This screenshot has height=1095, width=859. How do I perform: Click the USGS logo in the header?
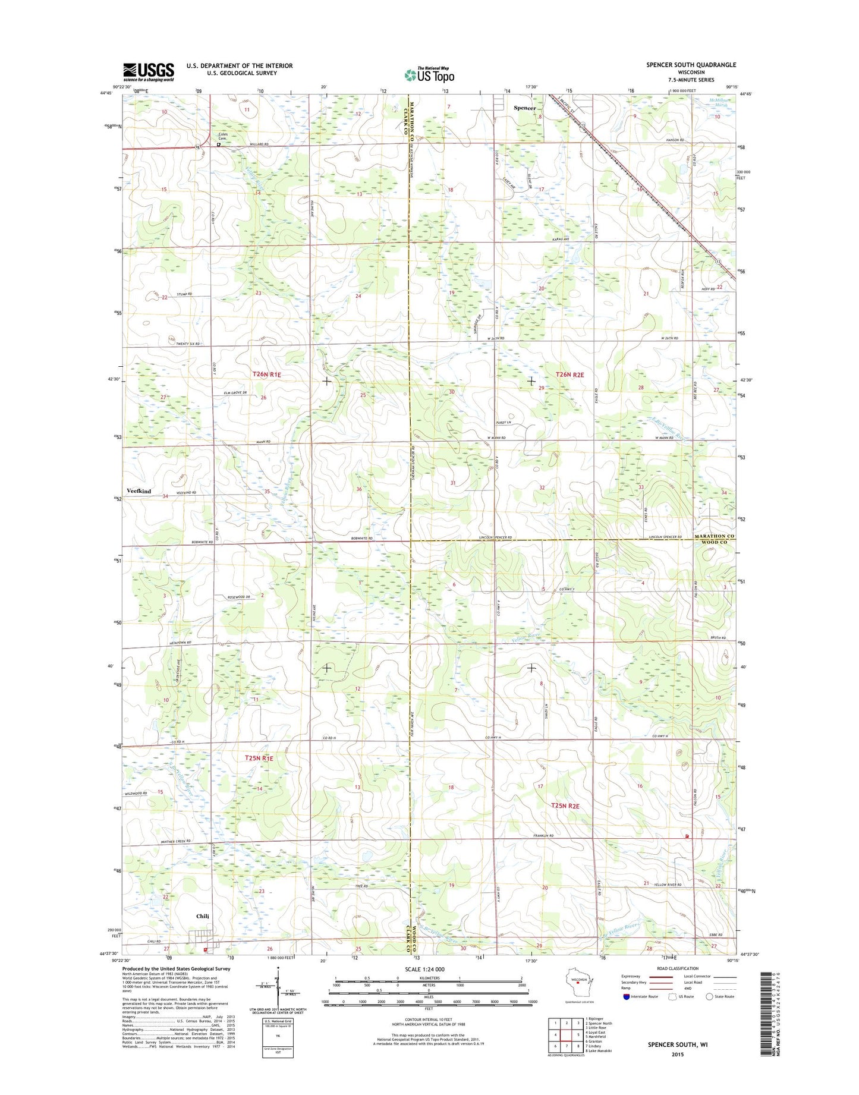coord(148,72)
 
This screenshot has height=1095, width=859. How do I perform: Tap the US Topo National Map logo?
coord(429,74)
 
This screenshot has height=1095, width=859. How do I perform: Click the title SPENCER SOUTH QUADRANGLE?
coord(691,65)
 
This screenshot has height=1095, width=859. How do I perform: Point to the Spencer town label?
coord(524,108)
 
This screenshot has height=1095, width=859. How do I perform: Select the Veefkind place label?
coord(139,491)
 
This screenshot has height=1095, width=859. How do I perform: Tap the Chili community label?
coord(203,916)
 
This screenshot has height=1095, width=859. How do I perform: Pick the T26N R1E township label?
coord(266,375)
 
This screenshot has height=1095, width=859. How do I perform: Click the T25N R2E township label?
coord(565,805)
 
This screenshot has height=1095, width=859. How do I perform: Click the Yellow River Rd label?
coord(668,884)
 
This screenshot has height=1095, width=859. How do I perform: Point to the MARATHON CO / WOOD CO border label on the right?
coord(715,539)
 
